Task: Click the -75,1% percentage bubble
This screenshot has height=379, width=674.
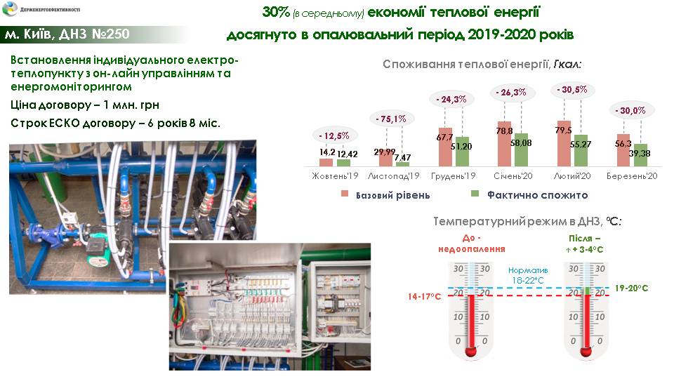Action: click(x=391, y=119)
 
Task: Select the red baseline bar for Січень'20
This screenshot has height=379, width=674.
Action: click(x=504, y=144)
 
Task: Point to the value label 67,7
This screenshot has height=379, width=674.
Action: click(x=445, y=138)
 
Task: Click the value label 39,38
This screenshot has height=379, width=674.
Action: click(x=640, y=154)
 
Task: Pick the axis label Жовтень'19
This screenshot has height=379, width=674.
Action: click(x=335, y=176)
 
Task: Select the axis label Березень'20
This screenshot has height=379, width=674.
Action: click(x=632, y=176)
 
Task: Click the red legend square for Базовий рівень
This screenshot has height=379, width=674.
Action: click(x=344, y=194)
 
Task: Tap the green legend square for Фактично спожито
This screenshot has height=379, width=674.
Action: click(x=475, y=194)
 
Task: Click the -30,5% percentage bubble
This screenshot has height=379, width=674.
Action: click(x=571, y=90)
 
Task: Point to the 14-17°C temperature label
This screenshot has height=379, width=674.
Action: click(x=424, y=296)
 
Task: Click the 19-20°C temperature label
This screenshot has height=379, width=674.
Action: click(x=631, y=288)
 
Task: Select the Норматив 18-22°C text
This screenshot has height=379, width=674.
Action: click(x=528, y=275)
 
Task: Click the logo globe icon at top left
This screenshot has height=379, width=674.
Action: click(x=10, y=8)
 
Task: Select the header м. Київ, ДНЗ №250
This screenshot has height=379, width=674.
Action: click(x=67, y=34)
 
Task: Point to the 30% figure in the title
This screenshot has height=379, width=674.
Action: click(x=276, y=12)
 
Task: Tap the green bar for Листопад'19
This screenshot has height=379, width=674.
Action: click(x=403, y=164)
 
